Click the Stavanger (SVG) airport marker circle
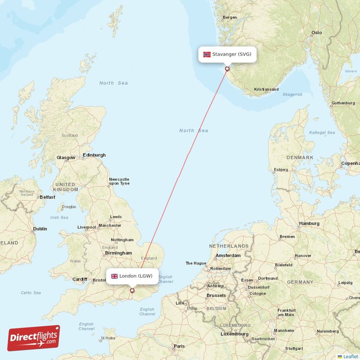227,69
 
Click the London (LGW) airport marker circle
132,291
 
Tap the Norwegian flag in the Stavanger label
207,54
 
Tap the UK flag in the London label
114,276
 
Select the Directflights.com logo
34,338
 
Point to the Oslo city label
317,32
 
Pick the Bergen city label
229,18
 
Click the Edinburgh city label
94,155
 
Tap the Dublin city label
40,229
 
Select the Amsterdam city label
228,255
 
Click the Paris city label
180,346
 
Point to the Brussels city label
216,295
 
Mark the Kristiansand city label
266,90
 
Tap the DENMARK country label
300,157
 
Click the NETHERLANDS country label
229,246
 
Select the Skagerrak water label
292,94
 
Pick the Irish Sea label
59,217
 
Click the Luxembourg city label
234,334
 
